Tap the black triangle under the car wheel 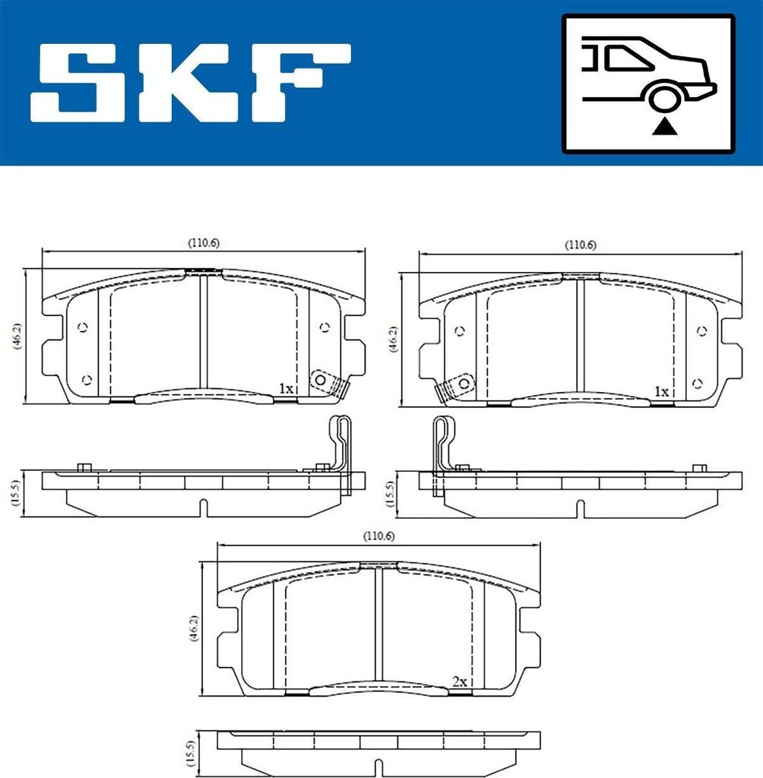pyautogui.click(x=663, y=126)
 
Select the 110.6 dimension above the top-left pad pyautogui.click(x=204, y=243)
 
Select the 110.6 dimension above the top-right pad pyautogui.click(x=580, y=245)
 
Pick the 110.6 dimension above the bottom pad pyautogui.click(x=378, y=536)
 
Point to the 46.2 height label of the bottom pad pyautogui.click(x=192, y=628)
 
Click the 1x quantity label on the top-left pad pyautogui.click(x=286, y=388)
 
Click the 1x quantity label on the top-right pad pyautogui.click(x=661, y=391)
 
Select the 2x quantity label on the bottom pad pyautogui.click(x=458, y=682)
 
